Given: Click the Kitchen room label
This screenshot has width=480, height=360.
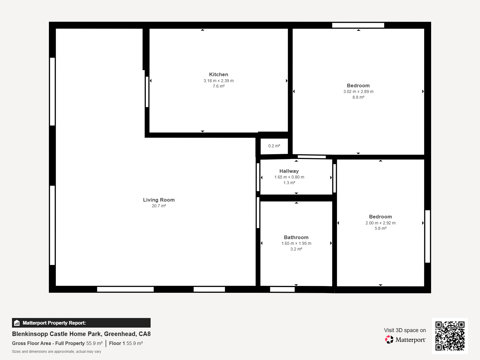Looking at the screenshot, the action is (x=218, y=74).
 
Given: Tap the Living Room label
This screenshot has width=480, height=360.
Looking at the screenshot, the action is (x=159, y=200).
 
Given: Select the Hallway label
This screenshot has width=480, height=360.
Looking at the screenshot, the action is (x=289, y=171).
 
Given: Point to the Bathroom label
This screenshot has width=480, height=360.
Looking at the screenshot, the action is (x=296, y=237).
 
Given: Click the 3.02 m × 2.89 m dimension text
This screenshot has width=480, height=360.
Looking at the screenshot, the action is (x=358, y=91).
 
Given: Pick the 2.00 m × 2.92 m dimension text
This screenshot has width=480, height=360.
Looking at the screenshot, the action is (x=380, y=223).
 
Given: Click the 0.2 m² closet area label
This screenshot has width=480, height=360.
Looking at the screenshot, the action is (x=274, y=146).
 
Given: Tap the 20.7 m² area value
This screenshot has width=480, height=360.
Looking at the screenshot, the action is (x=159, y=206).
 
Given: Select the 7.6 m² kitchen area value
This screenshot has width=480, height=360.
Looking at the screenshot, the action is (x=218, y=86).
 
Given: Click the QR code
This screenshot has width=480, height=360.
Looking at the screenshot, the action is (x=450, y=336).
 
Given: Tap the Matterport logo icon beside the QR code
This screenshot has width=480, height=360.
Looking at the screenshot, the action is (x=389, y=340).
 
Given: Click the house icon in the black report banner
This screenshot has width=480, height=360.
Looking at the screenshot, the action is (x=17, y=323).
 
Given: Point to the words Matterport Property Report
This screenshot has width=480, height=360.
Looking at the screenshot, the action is (x=54, y=323).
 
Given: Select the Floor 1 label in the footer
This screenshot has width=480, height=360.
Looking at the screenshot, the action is (x=117, y=343).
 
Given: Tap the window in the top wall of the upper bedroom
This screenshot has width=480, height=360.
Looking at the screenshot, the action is (x=358, y=25).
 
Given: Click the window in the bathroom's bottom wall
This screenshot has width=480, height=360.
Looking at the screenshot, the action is (x=282, y=289).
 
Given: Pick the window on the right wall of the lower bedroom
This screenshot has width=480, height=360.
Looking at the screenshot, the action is (x=427, y=236).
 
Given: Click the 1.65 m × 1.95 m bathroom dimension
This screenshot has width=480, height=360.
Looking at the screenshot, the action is (x=296, y=244).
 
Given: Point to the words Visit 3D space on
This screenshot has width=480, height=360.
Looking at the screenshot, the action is (x=405, y=330).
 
